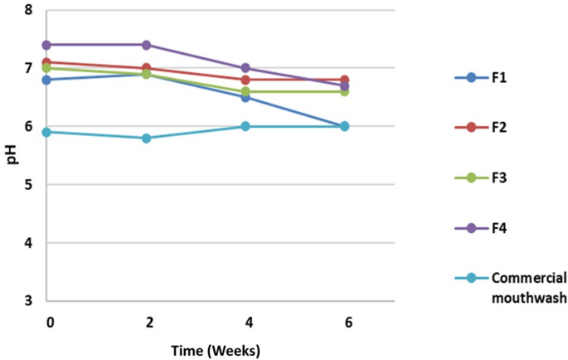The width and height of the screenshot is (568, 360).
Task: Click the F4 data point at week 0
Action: click(x=47, y=45)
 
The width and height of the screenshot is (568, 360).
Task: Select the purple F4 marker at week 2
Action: click(x=147, y=45)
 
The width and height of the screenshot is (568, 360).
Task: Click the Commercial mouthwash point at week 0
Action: click(x=47, y=132)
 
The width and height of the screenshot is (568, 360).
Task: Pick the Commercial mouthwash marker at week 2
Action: click(x=147, y=138)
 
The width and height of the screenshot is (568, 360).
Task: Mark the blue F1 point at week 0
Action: click(x=47, y=80)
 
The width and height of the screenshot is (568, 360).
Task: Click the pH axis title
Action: click(x=12, y=154)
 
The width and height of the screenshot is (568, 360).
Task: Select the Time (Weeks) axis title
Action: click(x=215, y=350)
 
